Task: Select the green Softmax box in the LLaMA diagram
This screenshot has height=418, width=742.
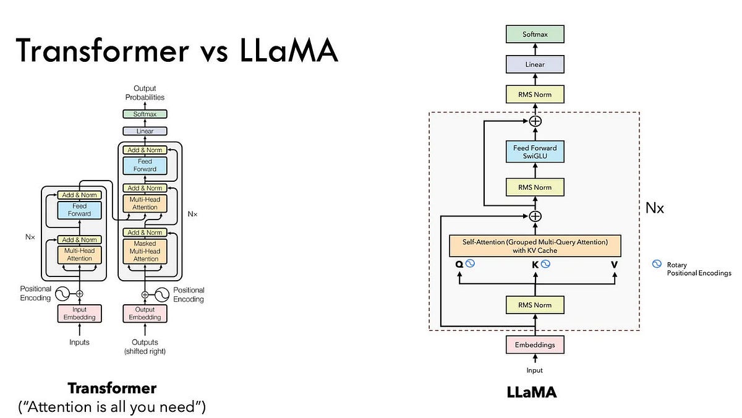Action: point(535,35)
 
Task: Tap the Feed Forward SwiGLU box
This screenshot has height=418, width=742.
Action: point(535,151)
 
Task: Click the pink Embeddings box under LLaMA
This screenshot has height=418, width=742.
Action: point(535,344)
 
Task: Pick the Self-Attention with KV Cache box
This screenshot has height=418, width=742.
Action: point(535,245)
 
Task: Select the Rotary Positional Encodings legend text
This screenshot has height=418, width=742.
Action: point(698,269)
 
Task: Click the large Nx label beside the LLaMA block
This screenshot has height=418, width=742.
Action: point(654,208)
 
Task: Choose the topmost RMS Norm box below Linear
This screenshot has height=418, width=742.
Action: point(535,94)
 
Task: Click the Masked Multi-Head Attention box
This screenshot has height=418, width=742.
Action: point(145,251)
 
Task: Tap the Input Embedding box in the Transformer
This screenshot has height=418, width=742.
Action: point(79,313)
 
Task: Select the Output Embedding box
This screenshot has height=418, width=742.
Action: point(145,313)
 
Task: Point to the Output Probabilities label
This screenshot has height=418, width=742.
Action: point(145,93)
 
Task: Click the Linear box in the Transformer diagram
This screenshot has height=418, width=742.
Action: point(145,131)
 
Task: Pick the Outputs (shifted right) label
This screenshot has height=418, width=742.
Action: point(145,346)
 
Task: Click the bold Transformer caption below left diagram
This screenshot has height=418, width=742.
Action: point(112,388)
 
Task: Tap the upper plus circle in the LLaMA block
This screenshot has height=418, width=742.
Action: point(535,121)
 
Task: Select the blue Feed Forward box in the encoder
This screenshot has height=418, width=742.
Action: point(79,210)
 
